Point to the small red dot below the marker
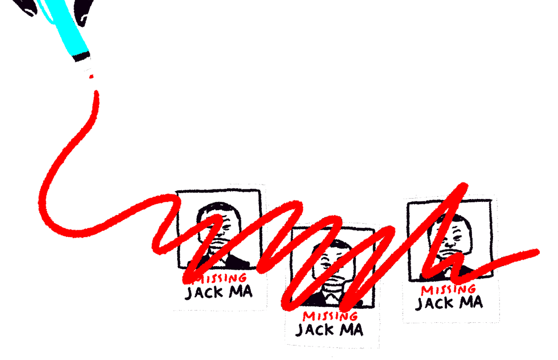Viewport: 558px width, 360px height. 92,76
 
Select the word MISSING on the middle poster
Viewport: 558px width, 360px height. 330,316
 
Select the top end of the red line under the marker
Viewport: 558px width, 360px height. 97,93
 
